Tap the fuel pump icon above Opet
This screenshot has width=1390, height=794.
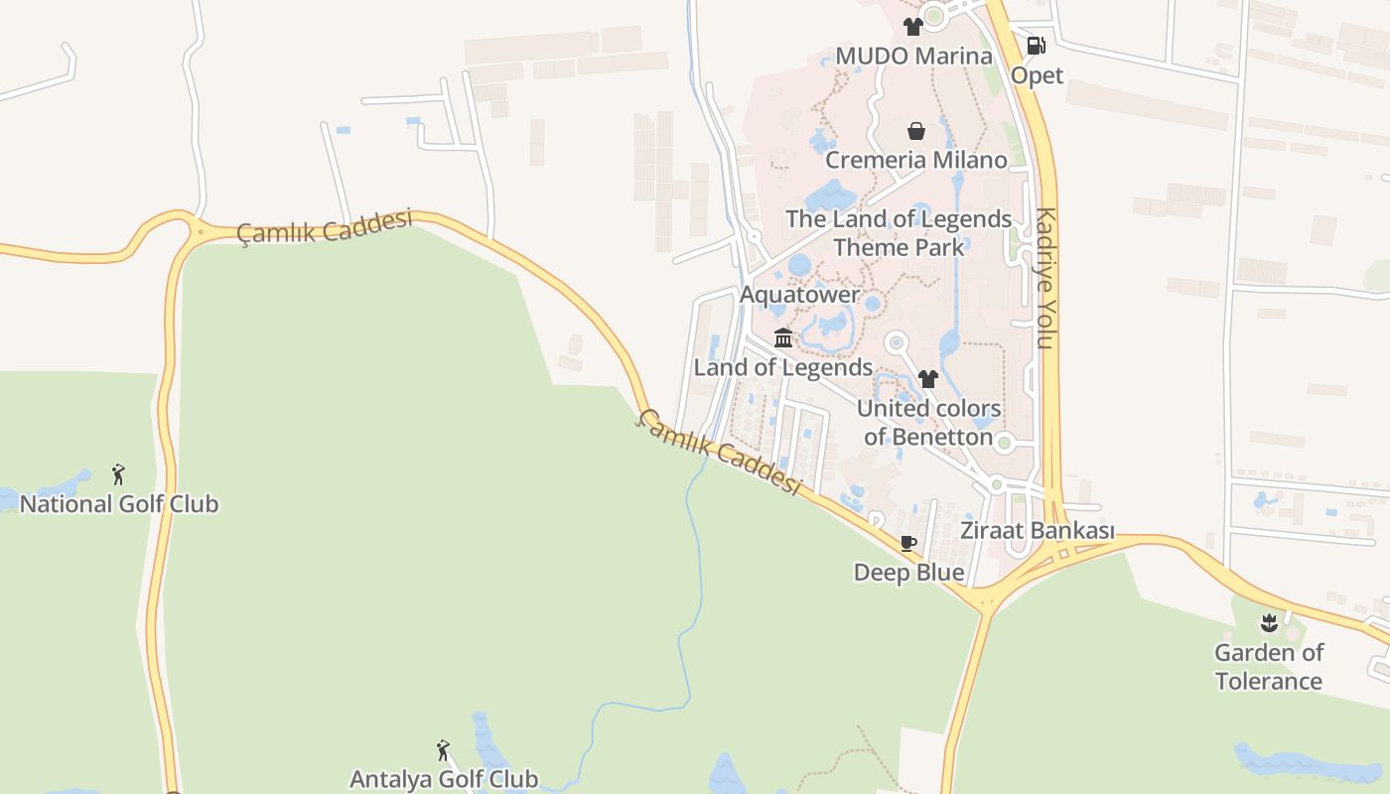pos(1036,46)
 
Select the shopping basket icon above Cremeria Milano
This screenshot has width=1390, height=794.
pos(916,131)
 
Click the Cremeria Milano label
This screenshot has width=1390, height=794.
pos(916,160)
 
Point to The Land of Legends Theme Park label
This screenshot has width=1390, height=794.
pos(899,233)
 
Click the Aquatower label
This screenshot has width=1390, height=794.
pos(799,295)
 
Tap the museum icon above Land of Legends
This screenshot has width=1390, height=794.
pos(782,339)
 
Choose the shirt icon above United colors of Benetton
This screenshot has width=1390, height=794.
pos(928,379)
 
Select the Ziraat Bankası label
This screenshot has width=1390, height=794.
pos(1037,531)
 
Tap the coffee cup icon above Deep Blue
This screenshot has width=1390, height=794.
pos(907,543)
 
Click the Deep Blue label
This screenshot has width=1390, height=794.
pos(908,573)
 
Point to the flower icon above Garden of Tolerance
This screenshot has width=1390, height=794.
pos(1268,623)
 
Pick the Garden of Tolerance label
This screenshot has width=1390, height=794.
pos(1268,667)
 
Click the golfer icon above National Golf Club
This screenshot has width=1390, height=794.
pos(119,474)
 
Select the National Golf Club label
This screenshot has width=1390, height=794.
pos(119,504)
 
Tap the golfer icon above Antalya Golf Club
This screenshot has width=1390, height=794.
pos(443,750)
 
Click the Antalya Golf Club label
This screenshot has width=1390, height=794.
pos(444,779)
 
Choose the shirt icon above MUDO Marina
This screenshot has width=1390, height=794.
pos(913,27)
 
